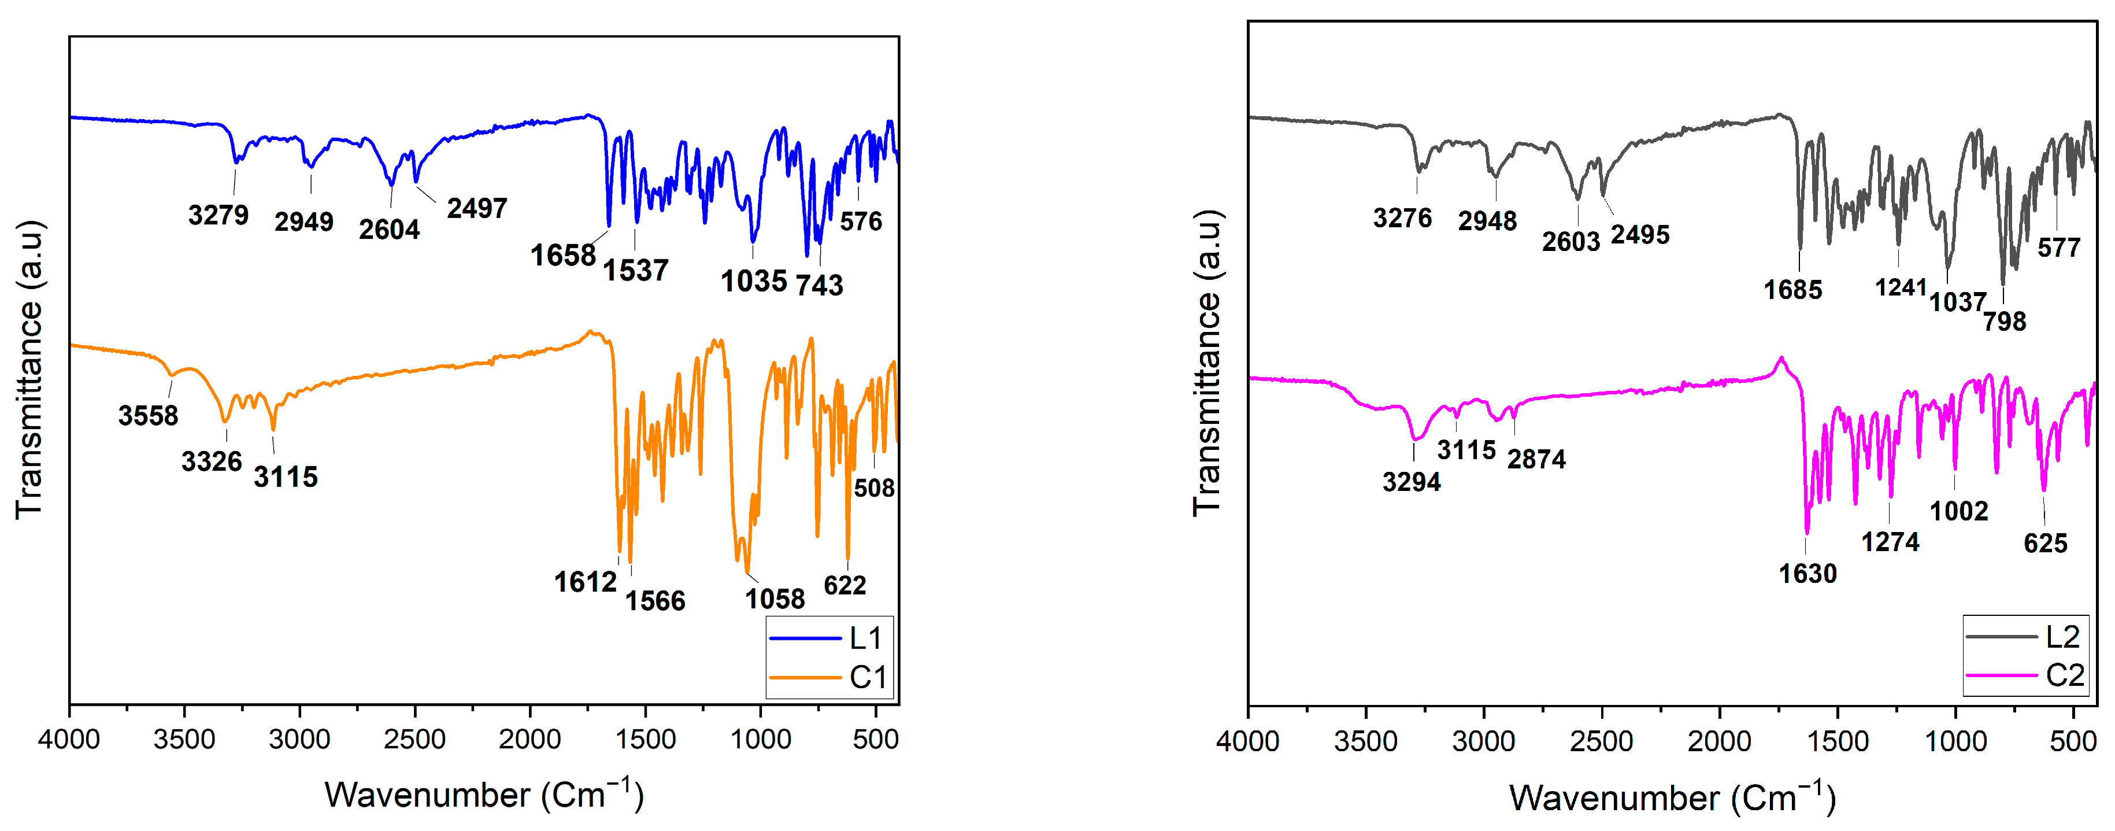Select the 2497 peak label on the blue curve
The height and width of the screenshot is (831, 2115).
point(476,209)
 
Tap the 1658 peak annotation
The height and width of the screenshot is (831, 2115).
point(562,256)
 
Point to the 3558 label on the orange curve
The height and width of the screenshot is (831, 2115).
point(148,415)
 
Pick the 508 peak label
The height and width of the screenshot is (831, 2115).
point(873,487)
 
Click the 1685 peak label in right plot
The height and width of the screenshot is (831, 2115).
point(1792,290)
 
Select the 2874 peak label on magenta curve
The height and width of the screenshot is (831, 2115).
point(1536,459)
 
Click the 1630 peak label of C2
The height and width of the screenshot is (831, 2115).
point(1807,573)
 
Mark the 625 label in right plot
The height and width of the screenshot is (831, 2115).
point(2044,544)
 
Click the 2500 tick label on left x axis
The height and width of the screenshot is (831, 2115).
point(414,739)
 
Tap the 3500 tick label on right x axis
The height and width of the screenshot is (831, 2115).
point(1365,741)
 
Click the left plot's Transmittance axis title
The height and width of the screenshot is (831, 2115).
point(29,370)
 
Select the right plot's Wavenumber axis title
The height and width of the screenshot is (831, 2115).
point(1672,797)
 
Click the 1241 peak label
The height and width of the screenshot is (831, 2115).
point(1900,287)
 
